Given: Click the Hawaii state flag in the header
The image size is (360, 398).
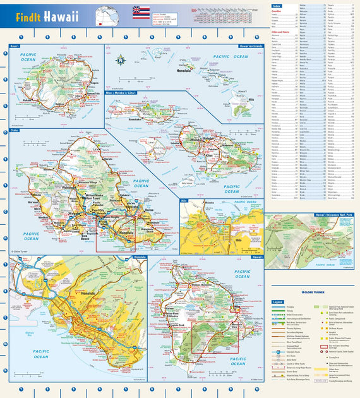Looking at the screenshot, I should (141, 12).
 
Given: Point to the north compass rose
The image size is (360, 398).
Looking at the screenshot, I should (121, 61).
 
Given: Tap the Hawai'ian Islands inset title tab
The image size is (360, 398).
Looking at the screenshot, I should (249, 47).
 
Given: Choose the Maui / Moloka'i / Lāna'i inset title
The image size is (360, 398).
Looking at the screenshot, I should (123, 93).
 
